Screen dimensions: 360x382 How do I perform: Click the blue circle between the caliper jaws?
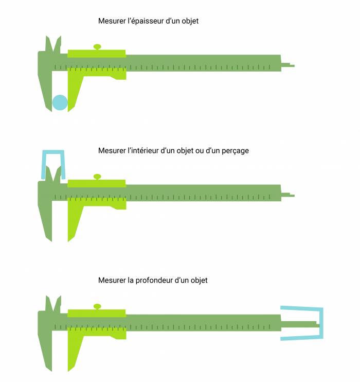tap(60, 102)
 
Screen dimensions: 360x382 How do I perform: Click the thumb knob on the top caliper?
tap(97, 47)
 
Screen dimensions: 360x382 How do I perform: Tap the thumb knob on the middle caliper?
tap(97, 177)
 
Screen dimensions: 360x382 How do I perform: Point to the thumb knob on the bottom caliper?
tap(97, 307)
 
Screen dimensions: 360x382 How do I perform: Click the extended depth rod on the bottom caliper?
tap(300, 324)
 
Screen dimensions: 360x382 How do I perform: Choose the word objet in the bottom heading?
tap(199, 281)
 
